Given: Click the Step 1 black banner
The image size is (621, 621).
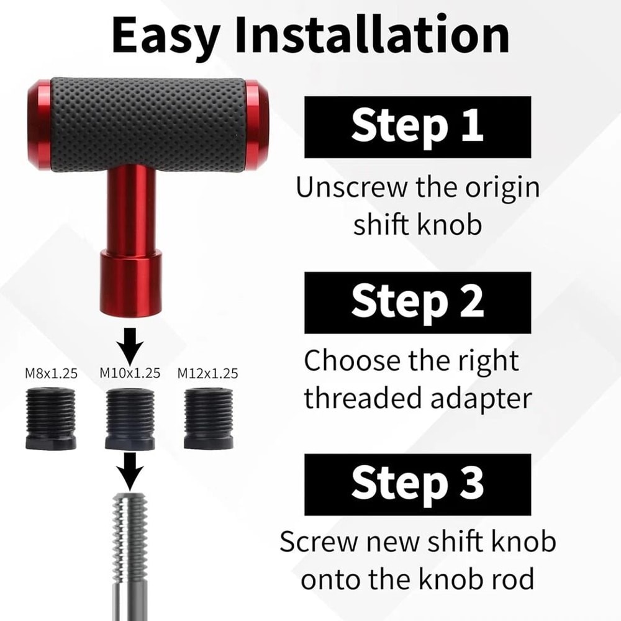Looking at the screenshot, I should point(417,127).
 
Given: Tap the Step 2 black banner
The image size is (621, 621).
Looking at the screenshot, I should point(417,302).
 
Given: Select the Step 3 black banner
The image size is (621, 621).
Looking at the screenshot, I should point(417,484).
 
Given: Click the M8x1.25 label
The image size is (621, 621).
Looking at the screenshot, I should point(51,373).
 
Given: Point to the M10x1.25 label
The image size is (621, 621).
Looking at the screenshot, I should point(130,373).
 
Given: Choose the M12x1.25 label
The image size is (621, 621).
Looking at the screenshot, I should point(207,373).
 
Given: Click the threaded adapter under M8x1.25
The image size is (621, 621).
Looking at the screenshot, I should point(52,419).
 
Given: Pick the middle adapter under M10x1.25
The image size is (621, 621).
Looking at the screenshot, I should point(130,420).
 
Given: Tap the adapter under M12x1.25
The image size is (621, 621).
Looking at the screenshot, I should point(208,419).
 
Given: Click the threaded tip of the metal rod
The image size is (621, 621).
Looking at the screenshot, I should point(130,528).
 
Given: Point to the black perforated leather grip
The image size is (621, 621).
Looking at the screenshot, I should point(148,124).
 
